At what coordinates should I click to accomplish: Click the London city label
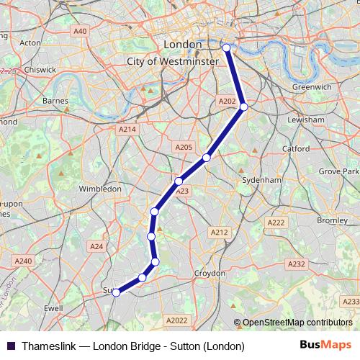point(184,45)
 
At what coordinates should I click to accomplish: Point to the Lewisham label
point(306,120)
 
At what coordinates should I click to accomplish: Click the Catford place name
point(296,149)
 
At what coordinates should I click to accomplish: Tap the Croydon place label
point(211,274)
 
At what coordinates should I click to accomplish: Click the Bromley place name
point(332,220)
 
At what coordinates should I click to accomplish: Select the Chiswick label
point(40,70)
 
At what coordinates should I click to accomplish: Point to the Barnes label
point(55,101)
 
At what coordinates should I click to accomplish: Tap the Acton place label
point(31,42)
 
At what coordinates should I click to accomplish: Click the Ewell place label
point(54,307)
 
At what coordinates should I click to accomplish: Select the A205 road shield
point(184,147)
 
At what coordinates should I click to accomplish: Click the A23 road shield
point(182,191)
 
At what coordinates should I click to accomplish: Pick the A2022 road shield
point(176,320)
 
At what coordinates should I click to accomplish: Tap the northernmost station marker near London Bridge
point(226,48)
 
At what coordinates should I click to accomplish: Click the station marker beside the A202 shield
point(244,107)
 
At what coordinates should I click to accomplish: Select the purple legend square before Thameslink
point(11,346)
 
